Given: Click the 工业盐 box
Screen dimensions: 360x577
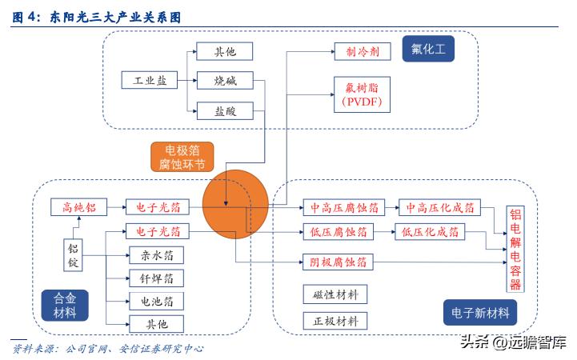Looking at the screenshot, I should point(145,81).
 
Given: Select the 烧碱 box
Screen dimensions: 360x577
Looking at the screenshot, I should point(224,81).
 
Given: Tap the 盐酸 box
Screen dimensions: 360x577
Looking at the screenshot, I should point(224,110).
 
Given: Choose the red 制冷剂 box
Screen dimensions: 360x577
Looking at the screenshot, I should point(362,51).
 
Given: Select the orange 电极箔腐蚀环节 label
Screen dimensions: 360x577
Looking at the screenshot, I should point(183,157).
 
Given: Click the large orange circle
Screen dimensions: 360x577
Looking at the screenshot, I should point(233,206).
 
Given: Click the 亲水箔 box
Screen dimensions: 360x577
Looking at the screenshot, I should point(157,255).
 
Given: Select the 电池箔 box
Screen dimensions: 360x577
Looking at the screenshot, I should point(157,301).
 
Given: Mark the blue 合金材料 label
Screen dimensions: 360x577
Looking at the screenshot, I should point(64,304).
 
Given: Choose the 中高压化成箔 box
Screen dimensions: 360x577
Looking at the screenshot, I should point(439,206).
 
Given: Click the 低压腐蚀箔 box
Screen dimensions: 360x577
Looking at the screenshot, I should point(338,232).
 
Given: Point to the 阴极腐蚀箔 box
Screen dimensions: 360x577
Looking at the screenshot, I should point(338,262).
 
